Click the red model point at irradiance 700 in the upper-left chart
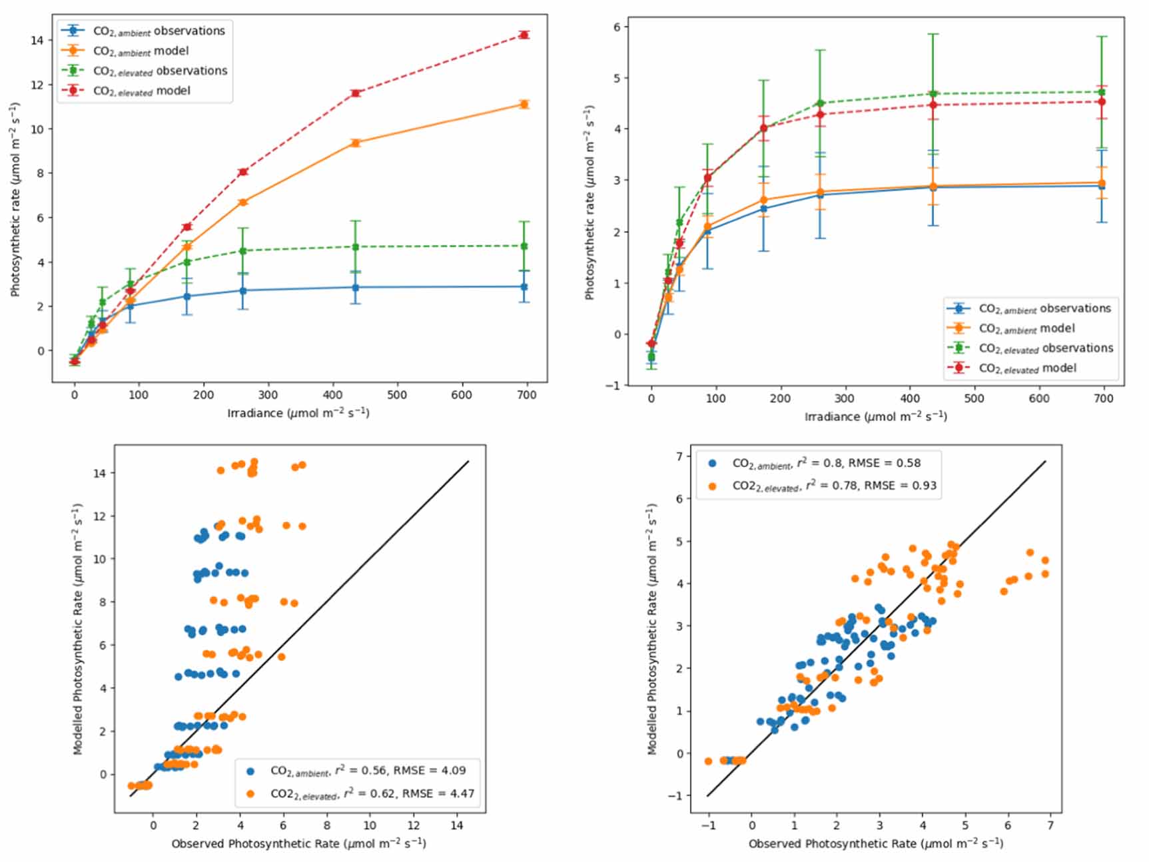pos(524,35)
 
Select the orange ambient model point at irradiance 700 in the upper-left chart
pos(524,104)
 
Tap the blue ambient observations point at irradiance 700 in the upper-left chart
pos(524,287)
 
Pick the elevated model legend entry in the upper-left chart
pos(141,91)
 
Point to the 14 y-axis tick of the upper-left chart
pos(37,40)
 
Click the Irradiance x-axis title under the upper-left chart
pos(298,413)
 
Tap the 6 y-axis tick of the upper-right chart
pos(616,27)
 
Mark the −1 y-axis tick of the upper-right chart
pos(613,386)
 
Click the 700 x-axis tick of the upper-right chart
pos(1103,398)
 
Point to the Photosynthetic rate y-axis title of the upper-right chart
pos(589,202)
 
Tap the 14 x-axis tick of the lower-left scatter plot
pos(457,825)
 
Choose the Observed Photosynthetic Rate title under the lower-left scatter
pos(298,843)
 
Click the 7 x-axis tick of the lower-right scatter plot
pos(1050,825)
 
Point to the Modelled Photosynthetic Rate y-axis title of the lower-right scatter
pos(653,629)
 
